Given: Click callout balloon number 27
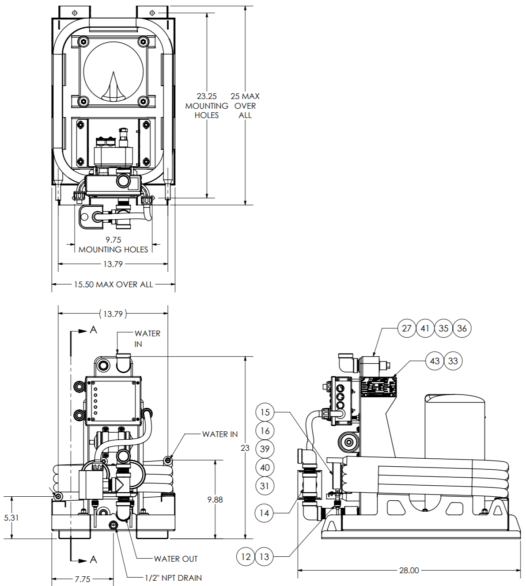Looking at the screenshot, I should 407,328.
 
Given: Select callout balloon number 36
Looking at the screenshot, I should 462,328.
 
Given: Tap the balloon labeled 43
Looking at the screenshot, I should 435,361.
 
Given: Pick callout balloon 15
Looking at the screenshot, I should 265,412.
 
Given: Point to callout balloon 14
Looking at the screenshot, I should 264,513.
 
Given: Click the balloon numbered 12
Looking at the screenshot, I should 246,557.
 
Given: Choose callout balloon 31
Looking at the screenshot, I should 265,486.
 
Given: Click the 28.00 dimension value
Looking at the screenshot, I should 409,571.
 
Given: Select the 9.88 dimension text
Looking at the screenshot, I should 215,500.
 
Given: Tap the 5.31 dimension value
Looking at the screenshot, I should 11,518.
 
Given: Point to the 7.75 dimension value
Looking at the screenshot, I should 83,579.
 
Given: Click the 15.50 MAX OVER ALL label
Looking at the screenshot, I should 114,285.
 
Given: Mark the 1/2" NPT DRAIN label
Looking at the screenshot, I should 173,578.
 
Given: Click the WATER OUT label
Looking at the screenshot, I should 176,559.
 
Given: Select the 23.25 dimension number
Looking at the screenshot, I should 207,96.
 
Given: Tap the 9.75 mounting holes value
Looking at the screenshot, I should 114,240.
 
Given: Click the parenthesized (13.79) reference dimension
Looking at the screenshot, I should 113,314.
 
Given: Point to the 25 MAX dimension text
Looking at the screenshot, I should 245,96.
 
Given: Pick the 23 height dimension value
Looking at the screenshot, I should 245,448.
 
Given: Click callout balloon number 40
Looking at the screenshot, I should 265,468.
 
